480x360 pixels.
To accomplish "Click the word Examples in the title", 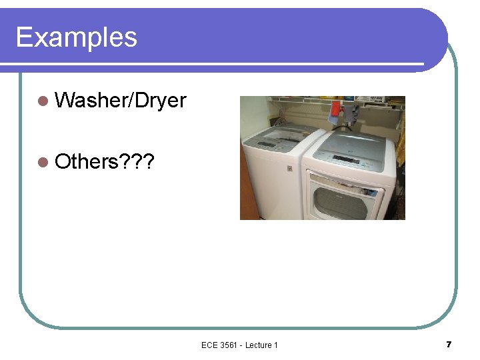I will pyautogui.click(x=76, y=37).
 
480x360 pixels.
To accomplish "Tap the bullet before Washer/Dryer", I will pyautogui.click(x=43, y=101).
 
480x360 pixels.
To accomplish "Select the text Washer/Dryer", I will pyautogui.click(x=121, y=101).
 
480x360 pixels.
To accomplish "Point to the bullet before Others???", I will pyautogui.click(x=43, y=161).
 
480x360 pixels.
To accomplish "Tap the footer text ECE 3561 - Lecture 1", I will pyautogui.click(x=239, y=345).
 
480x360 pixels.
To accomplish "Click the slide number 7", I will pyautogui.click(x=449, y=344).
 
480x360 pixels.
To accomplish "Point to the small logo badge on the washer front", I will pyautogui.click(x=289, y=169).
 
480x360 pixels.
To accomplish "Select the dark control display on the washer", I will pyautogui.click(x=267, y=143).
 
